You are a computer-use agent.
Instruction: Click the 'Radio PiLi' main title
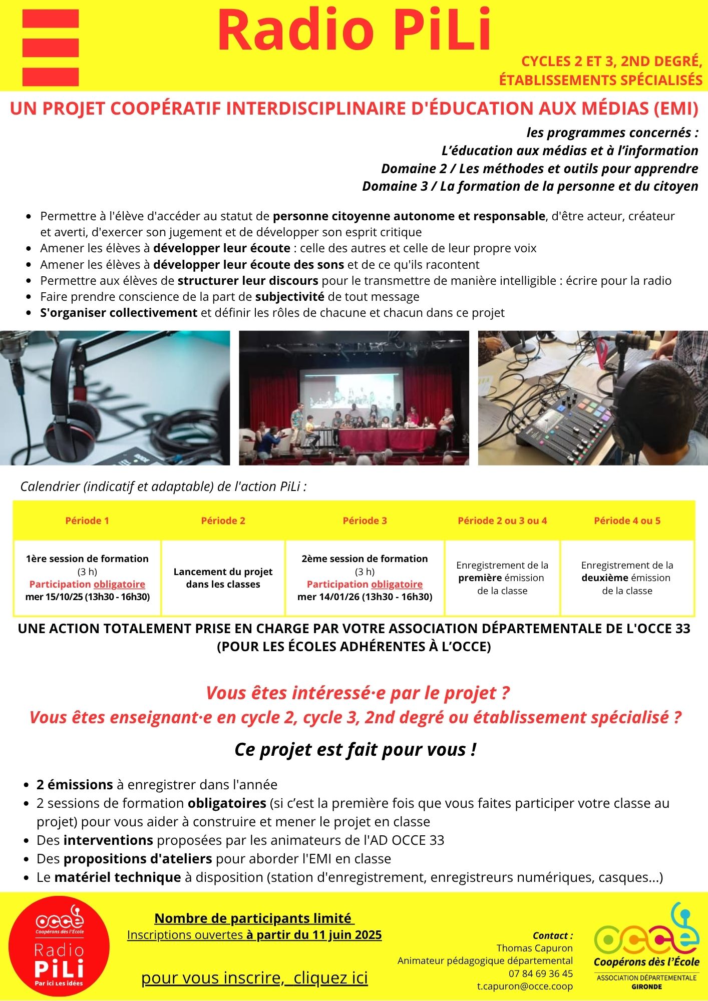[x=354, y=31]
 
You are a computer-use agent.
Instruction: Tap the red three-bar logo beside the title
[x=51, y=48]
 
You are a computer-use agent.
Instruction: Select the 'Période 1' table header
[x=87, y=521]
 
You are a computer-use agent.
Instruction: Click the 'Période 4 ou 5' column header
[x=627, y=521]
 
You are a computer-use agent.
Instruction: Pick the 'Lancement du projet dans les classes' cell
[x=223, y=578]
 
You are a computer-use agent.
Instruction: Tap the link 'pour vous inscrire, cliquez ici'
[x=254, y=977]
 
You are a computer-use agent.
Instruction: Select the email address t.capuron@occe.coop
[x=525, y=986]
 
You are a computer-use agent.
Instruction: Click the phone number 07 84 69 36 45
[x=541, y=973]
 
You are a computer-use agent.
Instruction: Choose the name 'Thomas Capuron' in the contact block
[x=534, y=948]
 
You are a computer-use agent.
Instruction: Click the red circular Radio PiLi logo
[x=59, y=946]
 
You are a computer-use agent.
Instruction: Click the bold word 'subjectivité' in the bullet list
[x=289, y=297]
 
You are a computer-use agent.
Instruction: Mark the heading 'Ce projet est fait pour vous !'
[x=355, y=750]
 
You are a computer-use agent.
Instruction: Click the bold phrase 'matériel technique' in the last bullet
[x=118, y=877]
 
